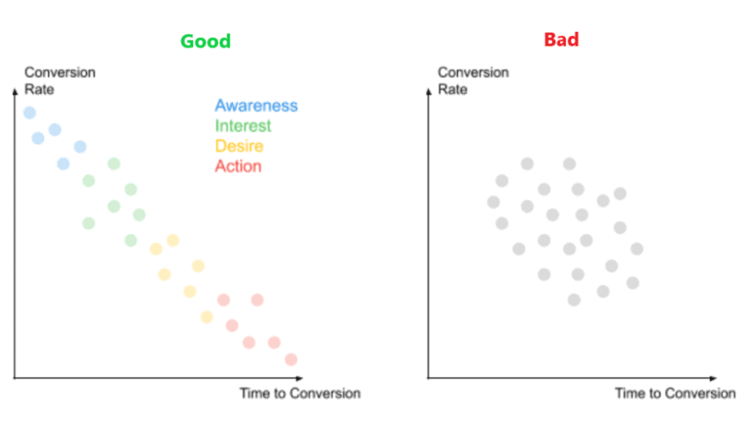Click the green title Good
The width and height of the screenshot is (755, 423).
pyautogui.click(x=206, y=41)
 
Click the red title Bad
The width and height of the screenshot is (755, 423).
pyautogui.click(x=562, y=40)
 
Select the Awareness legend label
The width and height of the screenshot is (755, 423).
pyautogui.click(x=257, y=106)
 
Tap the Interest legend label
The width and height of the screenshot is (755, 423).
pyautogui.click(x=243, y=126)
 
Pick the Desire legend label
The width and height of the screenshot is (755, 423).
pyautogui.click(x=239, y=146)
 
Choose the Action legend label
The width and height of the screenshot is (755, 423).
pyautogui.click(x=238, y=166)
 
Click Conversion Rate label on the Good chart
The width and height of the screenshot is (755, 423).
pyautogui.click(x=60, y=80)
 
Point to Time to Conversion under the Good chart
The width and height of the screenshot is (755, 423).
pyautogui.click(x=300, y=393)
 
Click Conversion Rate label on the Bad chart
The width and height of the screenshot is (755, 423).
pyautogui.click(x=473, y=80)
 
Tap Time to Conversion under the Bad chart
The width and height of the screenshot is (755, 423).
pyautogui.click(x=675, y=393)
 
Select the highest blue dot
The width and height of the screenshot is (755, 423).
pyautogui.click(x=29, y=113)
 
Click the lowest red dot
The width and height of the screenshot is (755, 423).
pyautogui.click(x=291, y=359)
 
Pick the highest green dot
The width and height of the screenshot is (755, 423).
pyautogui.click(x=113, y=164)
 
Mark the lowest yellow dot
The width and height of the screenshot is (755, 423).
pyautogui.click(x=207, y=317)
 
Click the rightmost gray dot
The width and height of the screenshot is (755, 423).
pyautogui.click(x=637, y=249)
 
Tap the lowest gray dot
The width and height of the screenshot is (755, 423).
pyautogui.click(x=574, y=300)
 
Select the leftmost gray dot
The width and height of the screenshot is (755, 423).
pyautogui.click(x=493, y=202)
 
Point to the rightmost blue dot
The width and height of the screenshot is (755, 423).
pyautogui.click(x=80, y=146)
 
